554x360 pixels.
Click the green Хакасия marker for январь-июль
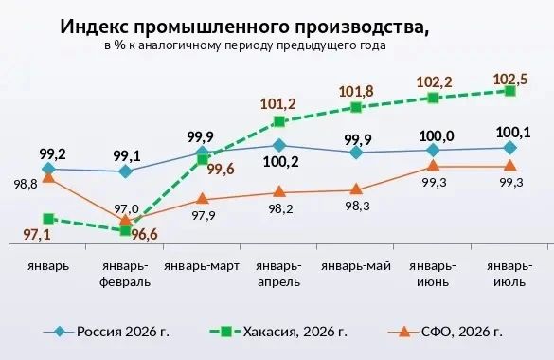(x=509, y=92)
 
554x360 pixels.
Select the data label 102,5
(x=510, y=80)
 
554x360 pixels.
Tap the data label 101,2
(x=278, y=104)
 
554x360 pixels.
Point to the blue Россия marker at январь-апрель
(x=279, y=145)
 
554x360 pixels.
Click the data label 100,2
(x=281, y=161)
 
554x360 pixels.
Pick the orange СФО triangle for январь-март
(x=202, y=199)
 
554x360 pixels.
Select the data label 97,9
(x=204, y=215)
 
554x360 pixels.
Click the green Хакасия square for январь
(x=48, y=219)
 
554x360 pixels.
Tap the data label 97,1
(x=37, y=235)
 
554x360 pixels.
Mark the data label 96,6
(x=144, y=235)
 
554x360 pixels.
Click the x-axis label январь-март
(x=202, y=266)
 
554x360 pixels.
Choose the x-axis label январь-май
(x=356, y=266)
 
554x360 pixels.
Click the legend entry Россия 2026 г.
(x=106, y=332)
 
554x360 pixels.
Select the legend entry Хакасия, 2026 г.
(x=278, y=332)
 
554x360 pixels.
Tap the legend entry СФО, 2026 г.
(x=445, y=332)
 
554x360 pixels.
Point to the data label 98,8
(x=26, y=184)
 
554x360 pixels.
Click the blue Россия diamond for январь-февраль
(x=125, y=171)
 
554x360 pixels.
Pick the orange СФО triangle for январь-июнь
(x=433, y=166)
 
